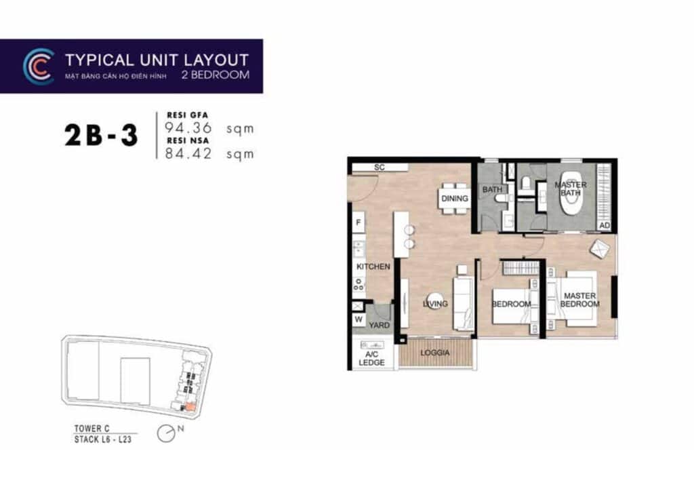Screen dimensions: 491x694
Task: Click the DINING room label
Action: [x=455, y=199]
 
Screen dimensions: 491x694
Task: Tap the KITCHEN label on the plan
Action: [x=373, y=267]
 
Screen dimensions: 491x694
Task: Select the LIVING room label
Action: [x=436, y=304]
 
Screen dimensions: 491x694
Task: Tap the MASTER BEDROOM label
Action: [x=580, y=300]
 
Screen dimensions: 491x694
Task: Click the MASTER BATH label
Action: [x=571, y=189]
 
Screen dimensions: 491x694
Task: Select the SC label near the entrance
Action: [x=379, y=167]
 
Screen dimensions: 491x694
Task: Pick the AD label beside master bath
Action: [x=605, y=225]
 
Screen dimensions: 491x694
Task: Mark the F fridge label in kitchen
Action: [x=358, y=222]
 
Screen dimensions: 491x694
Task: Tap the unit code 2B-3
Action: [x=102, y=136]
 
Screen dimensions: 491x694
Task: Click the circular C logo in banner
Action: [x=39, y=66]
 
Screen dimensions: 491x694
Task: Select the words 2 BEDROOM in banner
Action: [x=216, y=75]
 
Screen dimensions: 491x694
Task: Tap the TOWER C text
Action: [x=92, y=429]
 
